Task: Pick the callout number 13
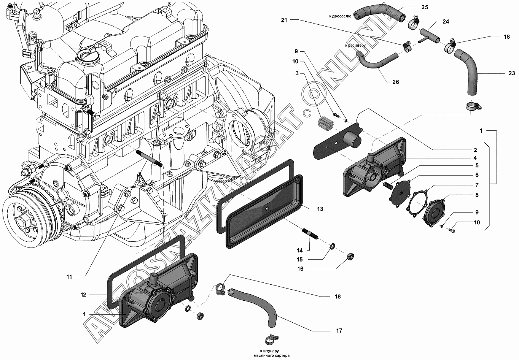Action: (x=320, y=209)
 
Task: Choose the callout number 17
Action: (x=339, y=331)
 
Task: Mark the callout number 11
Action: (x=69, y=277)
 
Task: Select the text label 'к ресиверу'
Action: (x=355, y=45)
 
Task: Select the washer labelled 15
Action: (x=332, y=246)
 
